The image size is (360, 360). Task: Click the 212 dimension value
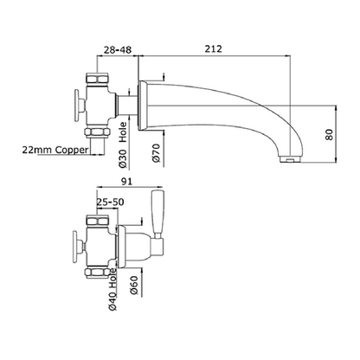(x=214, y=48)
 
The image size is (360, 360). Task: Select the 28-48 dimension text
(x=118, y=49)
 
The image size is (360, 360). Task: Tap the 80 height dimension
(x=329, y=135)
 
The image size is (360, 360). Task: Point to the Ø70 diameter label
(x=156, y=152)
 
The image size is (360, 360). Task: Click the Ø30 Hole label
(x=123, y=145)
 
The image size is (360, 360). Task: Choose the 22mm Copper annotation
(x=55, y=150)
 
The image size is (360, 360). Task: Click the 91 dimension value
(x=126, y=182)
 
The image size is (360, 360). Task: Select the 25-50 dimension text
(x=110, y=202)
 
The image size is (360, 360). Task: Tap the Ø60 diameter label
(x=133, y=286)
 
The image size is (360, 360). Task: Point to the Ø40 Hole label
(x=112, y=289)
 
